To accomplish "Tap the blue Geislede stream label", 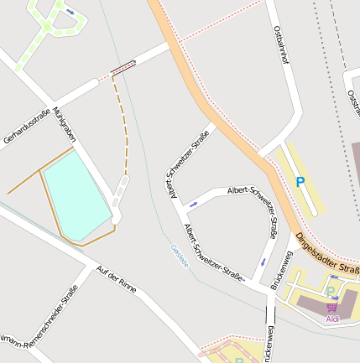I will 179,255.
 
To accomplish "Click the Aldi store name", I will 332,319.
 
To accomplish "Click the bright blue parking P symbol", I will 300,182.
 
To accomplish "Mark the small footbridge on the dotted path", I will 123,68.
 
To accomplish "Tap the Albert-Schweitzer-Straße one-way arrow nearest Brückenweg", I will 263,262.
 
